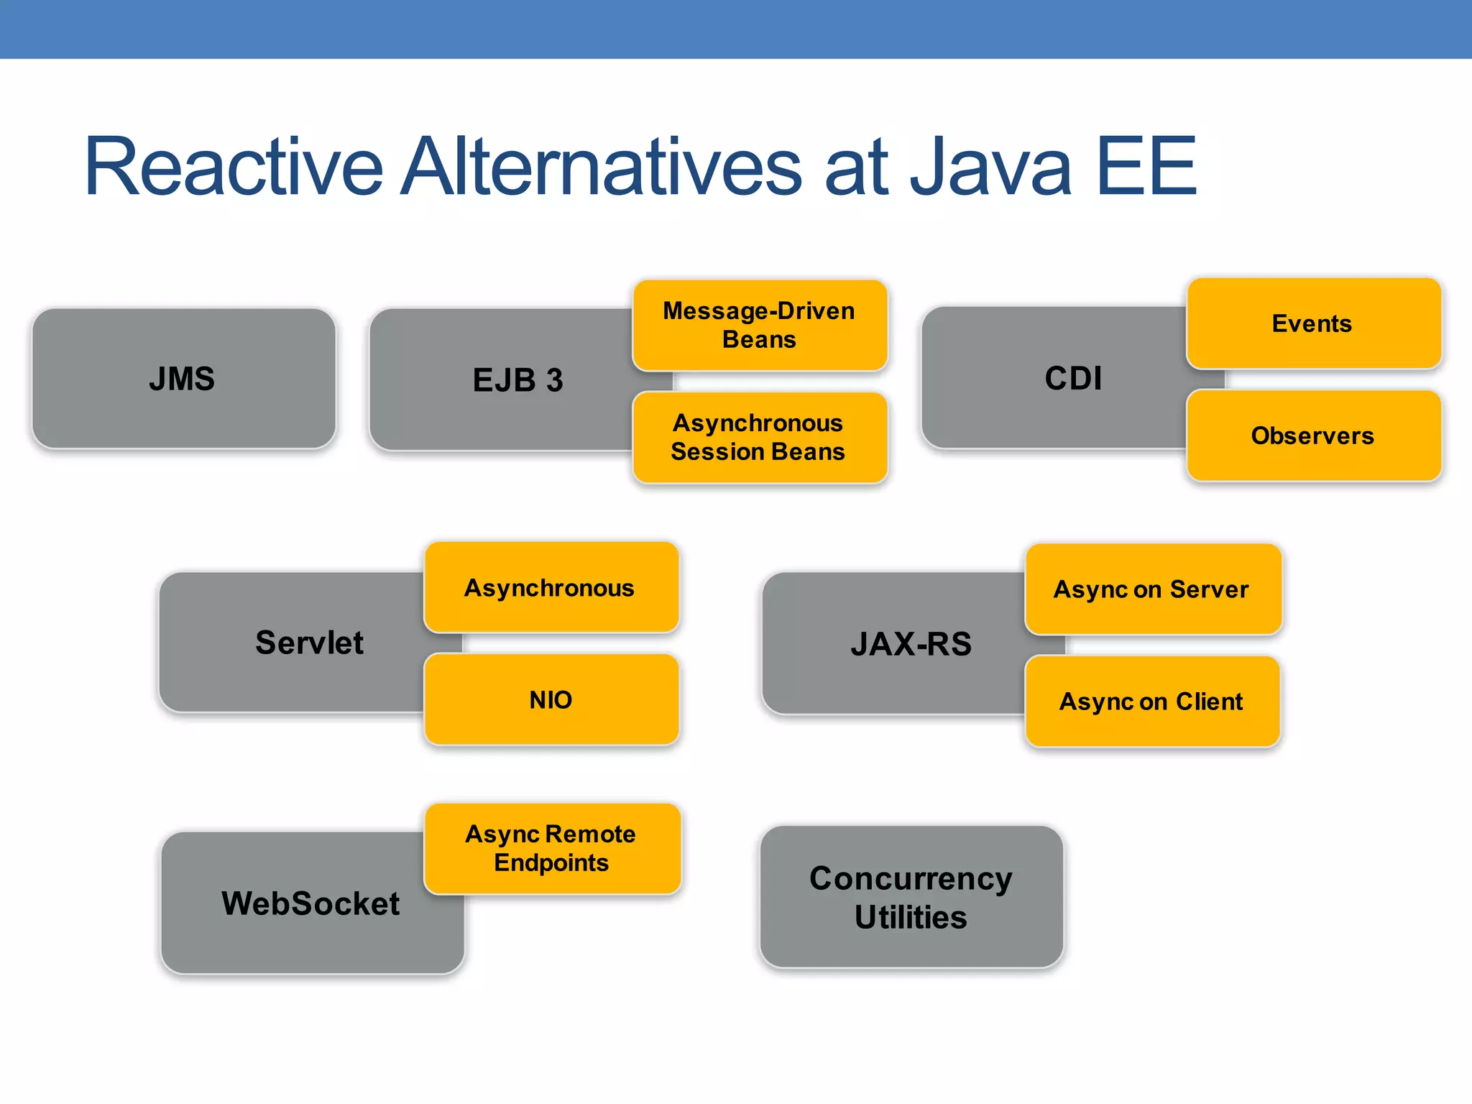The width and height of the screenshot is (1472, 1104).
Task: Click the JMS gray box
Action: point(183,379)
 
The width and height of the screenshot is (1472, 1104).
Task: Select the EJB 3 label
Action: point(517,380)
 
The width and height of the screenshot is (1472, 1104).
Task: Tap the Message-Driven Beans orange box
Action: point(759,325)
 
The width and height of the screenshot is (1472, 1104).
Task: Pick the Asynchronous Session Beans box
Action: point(759,437)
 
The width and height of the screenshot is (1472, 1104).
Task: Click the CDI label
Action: point(1072,378)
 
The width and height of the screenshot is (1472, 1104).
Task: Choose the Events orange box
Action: point(1312,323)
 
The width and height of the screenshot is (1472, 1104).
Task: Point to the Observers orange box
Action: point(1312,436)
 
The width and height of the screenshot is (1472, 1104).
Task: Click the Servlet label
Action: point(309,643)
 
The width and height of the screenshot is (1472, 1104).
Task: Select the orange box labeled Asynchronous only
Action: point(550,588)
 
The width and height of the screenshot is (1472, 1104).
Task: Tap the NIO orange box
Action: point(551,699)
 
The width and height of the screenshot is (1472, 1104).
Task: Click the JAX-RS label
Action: point(911,644)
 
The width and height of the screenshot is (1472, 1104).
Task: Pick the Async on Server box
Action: point(1151,589)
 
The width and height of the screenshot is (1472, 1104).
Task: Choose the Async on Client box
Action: point(1151,701)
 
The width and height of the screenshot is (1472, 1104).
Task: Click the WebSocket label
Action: point(310,903)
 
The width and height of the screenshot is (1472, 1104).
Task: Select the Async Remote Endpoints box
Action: point(551,848)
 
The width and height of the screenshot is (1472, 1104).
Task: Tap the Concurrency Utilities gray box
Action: point(911,897)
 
